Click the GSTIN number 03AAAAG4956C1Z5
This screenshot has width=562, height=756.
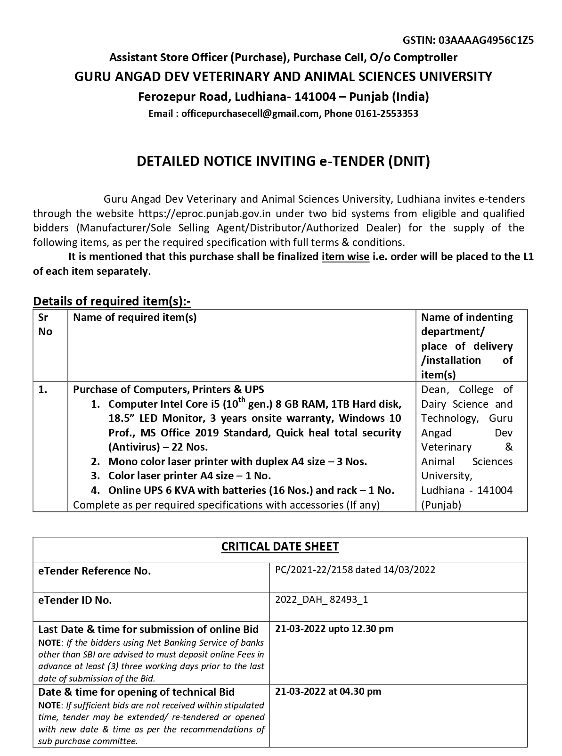click(486, 40)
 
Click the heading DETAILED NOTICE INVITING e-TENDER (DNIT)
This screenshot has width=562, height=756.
click(283, 162)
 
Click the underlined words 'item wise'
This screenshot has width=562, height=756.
click(345, 257)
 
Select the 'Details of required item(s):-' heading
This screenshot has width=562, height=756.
click(112, 301)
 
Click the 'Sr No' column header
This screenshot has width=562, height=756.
click(45, 324)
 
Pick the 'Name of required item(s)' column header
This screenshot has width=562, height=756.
click(135, 317)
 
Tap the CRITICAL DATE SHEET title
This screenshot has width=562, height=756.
click(280, 547)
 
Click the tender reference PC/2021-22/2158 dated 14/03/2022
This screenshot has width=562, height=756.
click(355, 570)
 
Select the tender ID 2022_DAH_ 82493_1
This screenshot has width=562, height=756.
click(321, 600)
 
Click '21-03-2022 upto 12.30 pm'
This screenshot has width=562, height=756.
click(334, 629)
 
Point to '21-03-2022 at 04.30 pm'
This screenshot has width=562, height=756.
click(328, 691)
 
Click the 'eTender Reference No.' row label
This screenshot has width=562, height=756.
click(94, 571)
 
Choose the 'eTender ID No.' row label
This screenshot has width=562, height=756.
click(75, 600)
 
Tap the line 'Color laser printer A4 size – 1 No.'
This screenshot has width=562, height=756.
click(189, 476)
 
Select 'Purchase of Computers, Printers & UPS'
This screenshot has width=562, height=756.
click(168, 389)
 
